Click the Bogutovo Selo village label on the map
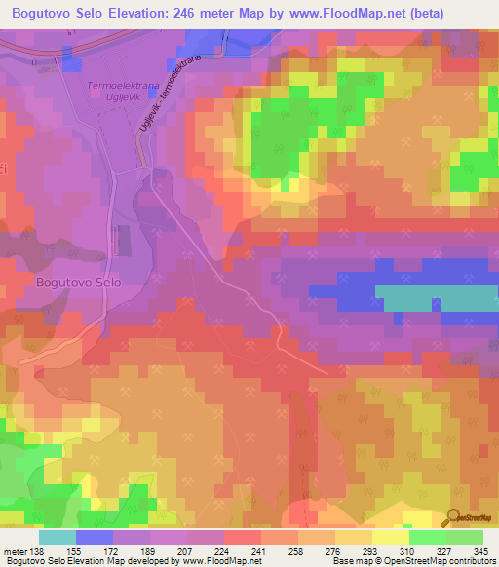[x=78, y=282]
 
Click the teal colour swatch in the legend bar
[x=58, y=536]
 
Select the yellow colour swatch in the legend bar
[x=391, y=536]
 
